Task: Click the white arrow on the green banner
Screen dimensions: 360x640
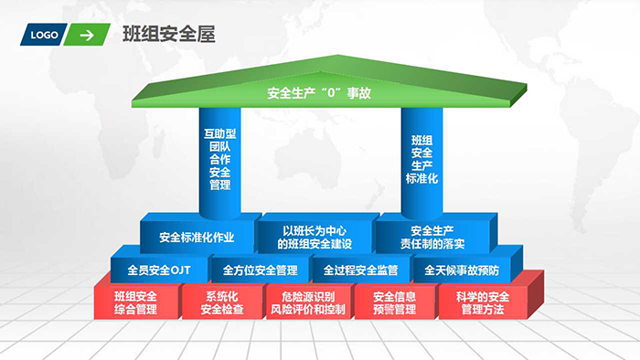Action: point(86,36)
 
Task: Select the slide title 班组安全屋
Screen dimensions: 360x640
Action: point(168,35)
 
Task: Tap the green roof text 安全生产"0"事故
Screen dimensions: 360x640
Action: point(319,93)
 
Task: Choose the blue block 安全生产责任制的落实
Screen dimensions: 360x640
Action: point(432,237)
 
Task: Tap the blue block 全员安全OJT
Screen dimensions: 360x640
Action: point(158,270)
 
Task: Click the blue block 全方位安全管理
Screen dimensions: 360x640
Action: point(260,270)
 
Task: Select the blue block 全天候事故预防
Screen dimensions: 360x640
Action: point(462,270)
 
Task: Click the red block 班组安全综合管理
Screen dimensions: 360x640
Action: point(135,302)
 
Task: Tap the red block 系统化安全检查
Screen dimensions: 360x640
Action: point(223,302)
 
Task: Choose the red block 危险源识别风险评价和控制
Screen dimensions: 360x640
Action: point(308,302)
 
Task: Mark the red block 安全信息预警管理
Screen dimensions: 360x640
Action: point(395,302)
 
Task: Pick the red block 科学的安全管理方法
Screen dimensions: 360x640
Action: point(482,302)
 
